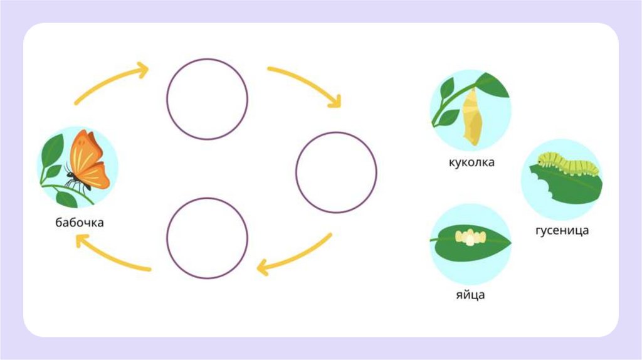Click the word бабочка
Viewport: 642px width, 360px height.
click(79, 223)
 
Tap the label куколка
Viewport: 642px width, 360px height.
click(471, 162)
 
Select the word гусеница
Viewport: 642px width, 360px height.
click(562, 230)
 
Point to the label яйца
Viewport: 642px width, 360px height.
click(471, 295)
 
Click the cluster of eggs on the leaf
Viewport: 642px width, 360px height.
click(470, 236)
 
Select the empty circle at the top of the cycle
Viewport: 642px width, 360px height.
click(207, 98)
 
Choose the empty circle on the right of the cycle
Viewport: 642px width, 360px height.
click(336, 172)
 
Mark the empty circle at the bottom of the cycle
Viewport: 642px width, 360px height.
click(207, 238)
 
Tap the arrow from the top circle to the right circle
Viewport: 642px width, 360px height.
click(306, 83)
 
